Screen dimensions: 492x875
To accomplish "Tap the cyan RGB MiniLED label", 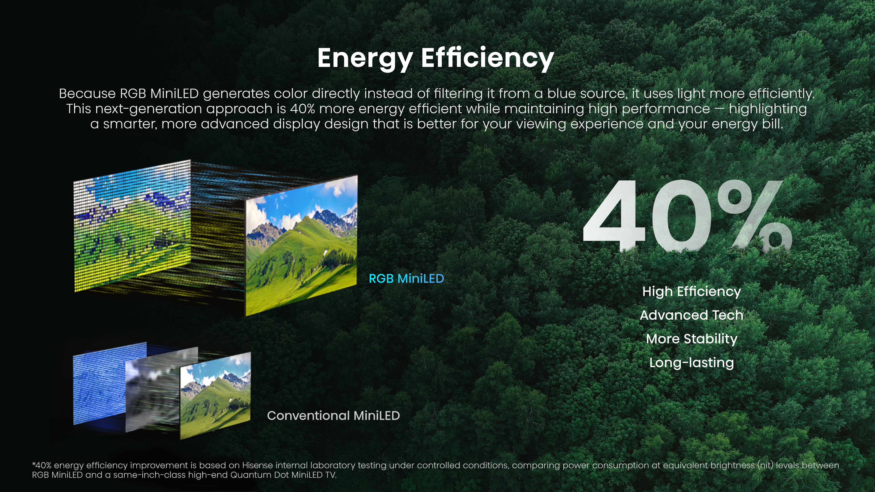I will click(x=406, y=279).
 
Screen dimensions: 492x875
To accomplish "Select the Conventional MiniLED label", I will click(x=333, y=416).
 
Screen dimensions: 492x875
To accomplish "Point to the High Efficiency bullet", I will click(x=692, y=292).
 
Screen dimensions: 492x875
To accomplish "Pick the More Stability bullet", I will click(x=692, y=339).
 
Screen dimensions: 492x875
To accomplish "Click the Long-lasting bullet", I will click(x=692, y=363).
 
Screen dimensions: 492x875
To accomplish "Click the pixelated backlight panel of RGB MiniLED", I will click(x=131, y=226).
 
